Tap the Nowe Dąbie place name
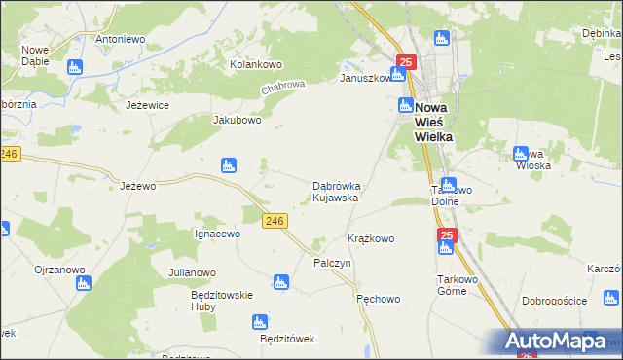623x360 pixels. (35, 55)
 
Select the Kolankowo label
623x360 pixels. (255, 64)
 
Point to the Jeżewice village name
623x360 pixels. (148, 104)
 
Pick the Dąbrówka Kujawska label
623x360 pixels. (336, 191)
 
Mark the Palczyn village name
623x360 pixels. (332, 264)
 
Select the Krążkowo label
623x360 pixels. (371, 238)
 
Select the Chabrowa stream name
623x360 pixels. (282, 88)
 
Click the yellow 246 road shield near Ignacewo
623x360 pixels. (275, 222)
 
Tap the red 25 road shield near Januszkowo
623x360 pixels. (407, 62)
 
